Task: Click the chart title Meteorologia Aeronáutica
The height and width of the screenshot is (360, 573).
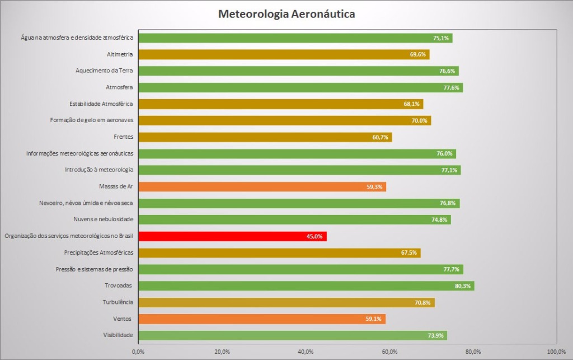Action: [286, 13]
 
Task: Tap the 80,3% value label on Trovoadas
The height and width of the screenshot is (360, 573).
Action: [463, 286]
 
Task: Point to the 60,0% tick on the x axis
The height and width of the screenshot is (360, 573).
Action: [389, 352]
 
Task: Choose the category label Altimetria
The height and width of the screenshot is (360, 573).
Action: [120, 54]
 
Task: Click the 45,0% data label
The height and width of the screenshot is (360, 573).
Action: [314, 236]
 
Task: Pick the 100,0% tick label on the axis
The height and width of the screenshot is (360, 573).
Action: [556, 352]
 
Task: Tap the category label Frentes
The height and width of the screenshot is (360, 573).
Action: [123, 137]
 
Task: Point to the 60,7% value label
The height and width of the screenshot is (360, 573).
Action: [380, 137]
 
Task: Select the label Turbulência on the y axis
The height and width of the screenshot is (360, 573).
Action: [118, 302]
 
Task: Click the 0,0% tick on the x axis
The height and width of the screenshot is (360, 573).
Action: [138, 352]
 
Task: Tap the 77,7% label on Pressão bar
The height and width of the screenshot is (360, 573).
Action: [452, 269]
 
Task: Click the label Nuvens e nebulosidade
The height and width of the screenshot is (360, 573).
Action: [103, 219]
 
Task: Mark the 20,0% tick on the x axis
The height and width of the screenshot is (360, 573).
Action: [222, 352]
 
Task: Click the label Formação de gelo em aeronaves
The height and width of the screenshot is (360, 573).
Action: [91, 120]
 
